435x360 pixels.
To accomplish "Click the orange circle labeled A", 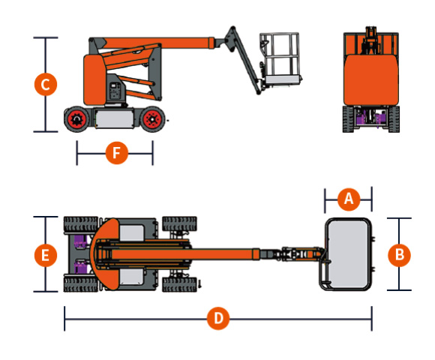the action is pyautogui.click(x=349, y=199).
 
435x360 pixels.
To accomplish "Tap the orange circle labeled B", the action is pyautogui.click(x=399, y=255).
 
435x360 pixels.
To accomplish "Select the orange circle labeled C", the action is pyautogui.click(x=46, y=84).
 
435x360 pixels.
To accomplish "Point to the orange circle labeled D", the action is pyautogui.click(x=218, y=319).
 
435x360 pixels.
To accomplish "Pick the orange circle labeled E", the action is pyautogui.click(x=46, y=255).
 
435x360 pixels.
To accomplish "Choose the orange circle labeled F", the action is pyautogui.click(x=117, y=153).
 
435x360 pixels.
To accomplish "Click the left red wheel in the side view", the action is pyautogui.click(x=76, y=119).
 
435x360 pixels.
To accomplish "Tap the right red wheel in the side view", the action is pyautogui.click(x=152, y=119).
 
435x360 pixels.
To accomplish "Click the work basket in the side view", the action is pyautogui.click(x=280, y=58).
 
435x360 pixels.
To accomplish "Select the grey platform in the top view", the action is pyautogui.click(x=347, y=254).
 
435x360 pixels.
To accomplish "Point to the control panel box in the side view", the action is pyautogui.click(x=115, y=91).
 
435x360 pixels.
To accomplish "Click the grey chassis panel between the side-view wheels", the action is pyautogui.click(x=115, y=118).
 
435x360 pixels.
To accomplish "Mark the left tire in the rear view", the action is pyautogui.click(x=348, y=119).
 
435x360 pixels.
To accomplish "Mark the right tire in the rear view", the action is pyautogui.click(x=394, y=119).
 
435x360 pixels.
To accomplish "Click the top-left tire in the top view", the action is pyautogui.click(x=81, y=224).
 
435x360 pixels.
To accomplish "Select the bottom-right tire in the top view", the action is pyautogui.click(x=179, y=284).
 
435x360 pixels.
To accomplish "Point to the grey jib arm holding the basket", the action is pyautogui.click(x=244, y=60).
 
